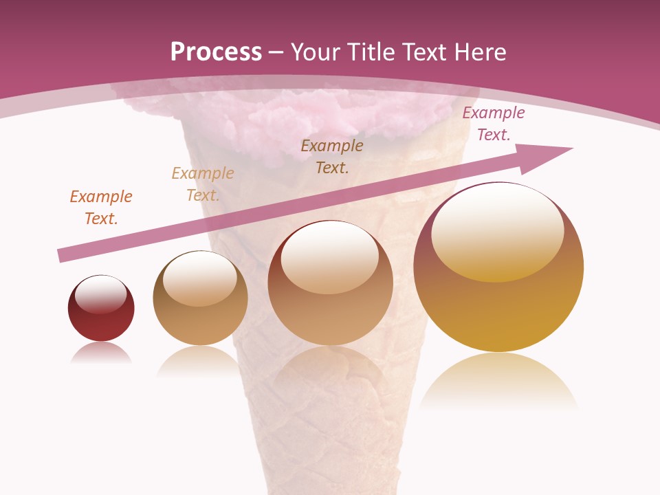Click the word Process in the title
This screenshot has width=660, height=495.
point(216,52)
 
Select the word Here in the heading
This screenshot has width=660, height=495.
point(479,52)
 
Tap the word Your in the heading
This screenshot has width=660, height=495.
point(316,52)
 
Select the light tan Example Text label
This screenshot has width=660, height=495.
point(202,184)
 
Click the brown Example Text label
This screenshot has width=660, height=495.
point(332,157)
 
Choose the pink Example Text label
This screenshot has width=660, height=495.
point(493,124)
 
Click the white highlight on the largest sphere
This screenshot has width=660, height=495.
point(497,230)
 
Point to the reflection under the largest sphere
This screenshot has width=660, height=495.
point(498,382)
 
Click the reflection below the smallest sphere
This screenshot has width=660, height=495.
point(100,353)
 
